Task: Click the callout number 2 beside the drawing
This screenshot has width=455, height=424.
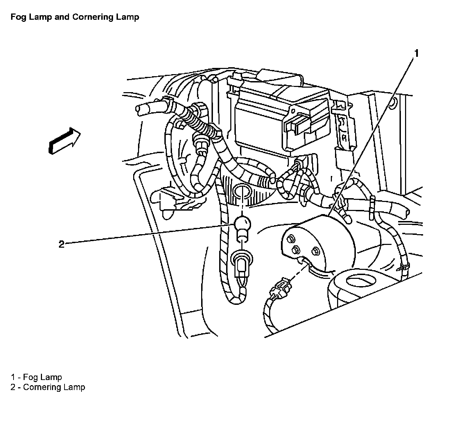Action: (x=61, y=245)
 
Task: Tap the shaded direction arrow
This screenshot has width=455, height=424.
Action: (x=64, y=140)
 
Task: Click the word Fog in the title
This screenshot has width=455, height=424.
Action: (x=17, y=17)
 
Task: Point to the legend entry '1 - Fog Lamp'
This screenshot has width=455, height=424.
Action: (x=36, y=377)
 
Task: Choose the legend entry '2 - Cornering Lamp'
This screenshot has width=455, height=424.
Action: (x=48, y=387)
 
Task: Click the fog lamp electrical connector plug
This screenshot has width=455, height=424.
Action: (x=280, y=287)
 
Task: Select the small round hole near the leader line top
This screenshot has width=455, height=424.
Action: (x=392, y=103)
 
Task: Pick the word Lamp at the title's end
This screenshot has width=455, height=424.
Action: (x=129, y=17)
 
